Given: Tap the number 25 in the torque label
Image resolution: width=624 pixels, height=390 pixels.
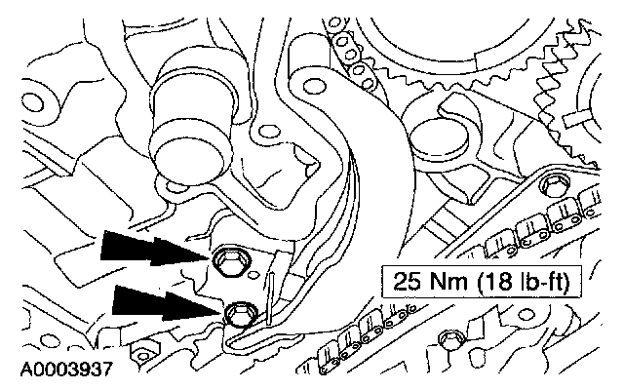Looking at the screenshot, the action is click(407, 282).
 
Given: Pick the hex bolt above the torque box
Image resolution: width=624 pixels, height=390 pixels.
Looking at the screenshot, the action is click(553, 184).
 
